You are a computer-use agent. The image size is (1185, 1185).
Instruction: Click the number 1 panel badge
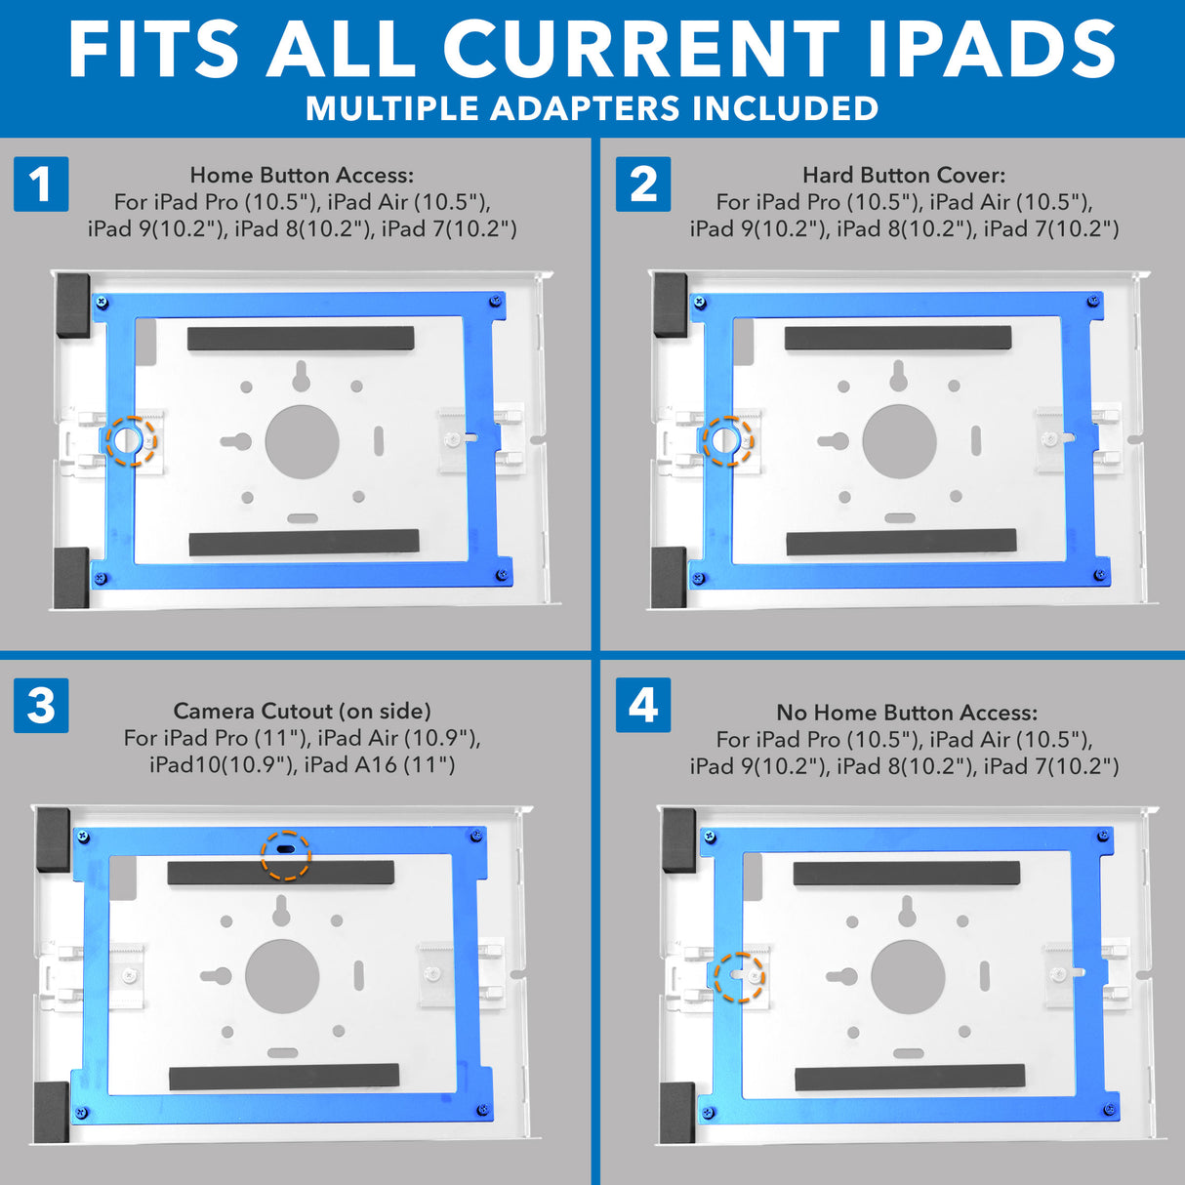coord(41,184)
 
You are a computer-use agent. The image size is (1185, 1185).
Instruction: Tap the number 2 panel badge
coord(643,184)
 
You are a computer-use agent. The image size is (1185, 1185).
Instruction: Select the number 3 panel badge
coord(41,705)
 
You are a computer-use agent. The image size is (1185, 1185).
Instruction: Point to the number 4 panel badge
coord(643,705)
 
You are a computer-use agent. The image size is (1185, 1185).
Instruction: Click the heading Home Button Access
coord(302,175)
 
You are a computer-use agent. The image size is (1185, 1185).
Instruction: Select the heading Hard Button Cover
coord(904,175)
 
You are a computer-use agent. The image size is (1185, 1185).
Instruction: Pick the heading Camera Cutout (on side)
coord(302,711)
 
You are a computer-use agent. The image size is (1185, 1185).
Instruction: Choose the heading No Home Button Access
coord(907,713)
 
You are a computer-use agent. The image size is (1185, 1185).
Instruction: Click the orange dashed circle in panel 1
coord(130,441)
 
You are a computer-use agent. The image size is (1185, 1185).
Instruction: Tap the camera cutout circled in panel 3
coord(285,850)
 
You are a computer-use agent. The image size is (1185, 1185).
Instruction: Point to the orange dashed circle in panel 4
coord(739,976)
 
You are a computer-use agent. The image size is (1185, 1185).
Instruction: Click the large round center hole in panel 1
coord(302,441)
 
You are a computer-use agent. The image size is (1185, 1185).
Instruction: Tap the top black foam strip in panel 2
coord(898,339)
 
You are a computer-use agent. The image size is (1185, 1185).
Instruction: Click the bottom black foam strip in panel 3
coord(284,1077)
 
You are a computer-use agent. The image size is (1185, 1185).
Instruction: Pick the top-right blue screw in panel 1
coord(497,301)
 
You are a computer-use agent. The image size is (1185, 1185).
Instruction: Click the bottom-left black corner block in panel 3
coord(51,1111)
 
